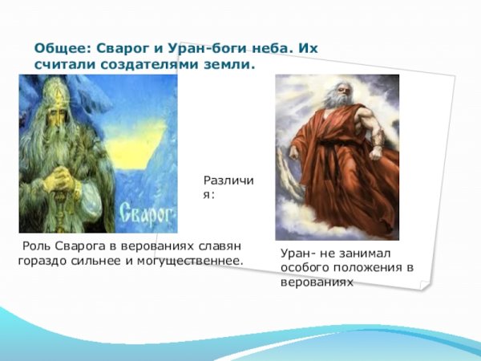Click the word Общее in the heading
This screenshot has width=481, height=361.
tap(61, 48)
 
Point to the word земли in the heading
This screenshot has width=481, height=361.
tap(231, 64)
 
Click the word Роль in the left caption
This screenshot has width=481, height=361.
tap(37, 245)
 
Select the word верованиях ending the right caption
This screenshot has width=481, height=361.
tap(317, 283)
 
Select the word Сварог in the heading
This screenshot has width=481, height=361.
tap(128, 48)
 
